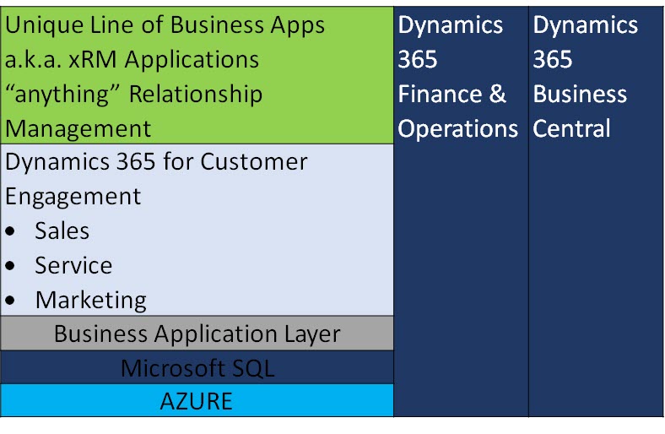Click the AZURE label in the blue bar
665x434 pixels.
[x=196, y=401]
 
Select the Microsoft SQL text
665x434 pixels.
[x=197, y=368]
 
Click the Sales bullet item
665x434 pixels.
[x=62, y=231]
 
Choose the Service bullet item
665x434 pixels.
[x=73, y=265]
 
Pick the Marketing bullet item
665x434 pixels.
[x=90, y=300]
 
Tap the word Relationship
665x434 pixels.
[x=196, y=94]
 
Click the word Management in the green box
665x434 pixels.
[x=78, y=128]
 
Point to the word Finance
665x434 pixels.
[x=439, y=94]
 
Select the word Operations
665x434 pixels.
[x=458, y=128]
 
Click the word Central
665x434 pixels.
[x=571, y=128]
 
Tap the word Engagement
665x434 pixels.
[x=73, y=196]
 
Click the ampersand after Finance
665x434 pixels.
[x=498, y=94]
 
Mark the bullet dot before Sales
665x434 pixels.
[x=11, y=231]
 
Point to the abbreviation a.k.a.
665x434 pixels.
[x=35, y=59]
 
